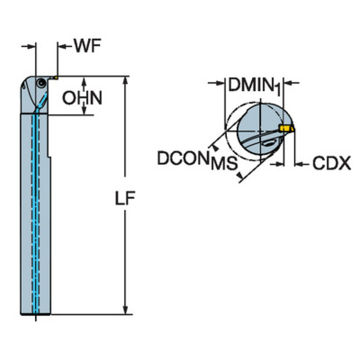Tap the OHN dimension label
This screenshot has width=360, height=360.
tap(83, 98)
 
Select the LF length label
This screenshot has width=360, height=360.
tap(125, 199)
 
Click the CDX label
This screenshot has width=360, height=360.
tap(331, 163)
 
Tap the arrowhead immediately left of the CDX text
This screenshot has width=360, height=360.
tap(299, 164)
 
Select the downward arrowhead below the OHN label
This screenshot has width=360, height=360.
tap(84, 111)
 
